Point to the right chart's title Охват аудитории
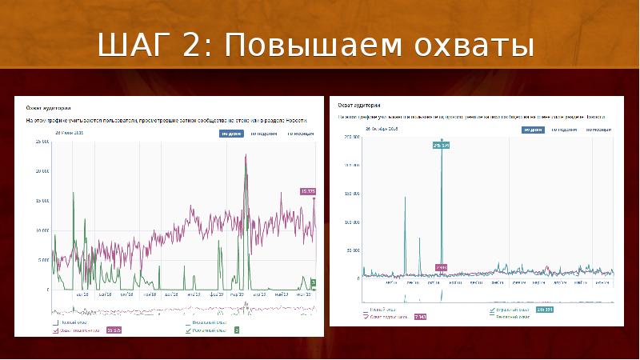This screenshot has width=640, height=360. pyautogui.click(x=358, y=105)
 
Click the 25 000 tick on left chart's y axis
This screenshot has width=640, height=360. pyautogui.click(x=41, y=142)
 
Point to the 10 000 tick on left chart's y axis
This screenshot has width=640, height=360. pyautogui.click(x=41, y=230)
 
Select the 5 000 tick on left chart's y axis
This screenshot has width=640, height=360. pyautogui.click(x=42, y=260)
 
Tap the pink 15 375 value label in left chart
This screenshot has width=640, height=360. pyautogui.click(x=308, y=191)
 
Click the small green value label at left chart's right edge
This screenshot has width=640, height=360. pyautogui.click(x=314, y=282)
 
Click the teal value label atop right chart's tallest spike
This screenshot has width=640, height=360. pyautogui.click(x=441, y=145)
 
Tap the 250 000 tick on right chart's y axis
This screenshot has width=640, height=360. pyautogui.click(x=351, y=137)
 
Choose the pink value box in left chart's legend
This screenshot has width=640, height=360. pyautogui.click(x=114, y=330)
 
